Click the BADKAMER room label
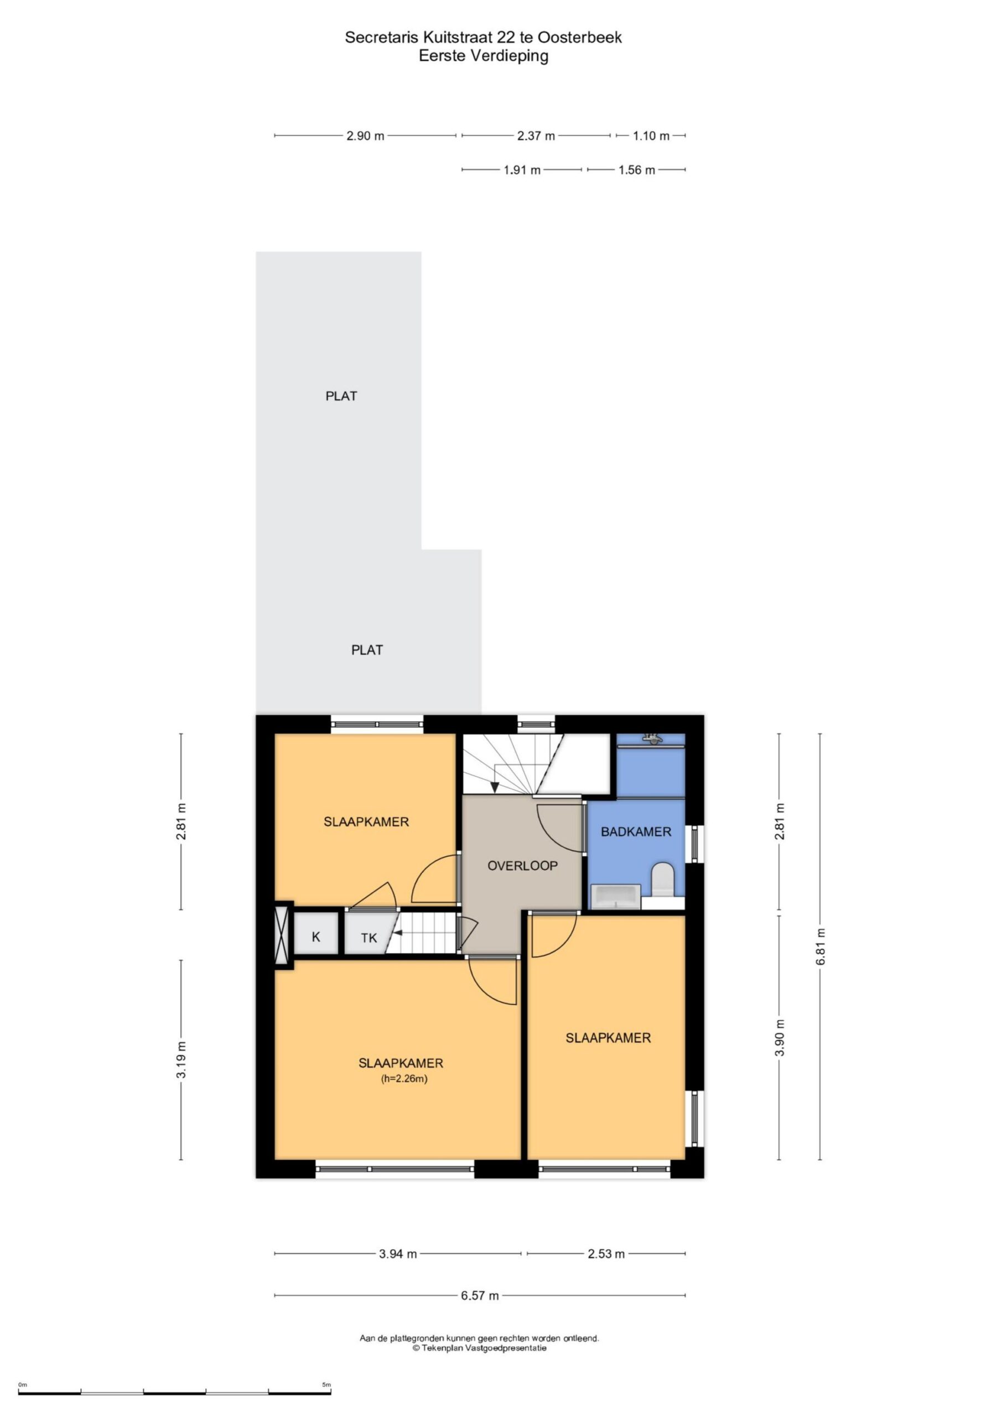coord(636,831)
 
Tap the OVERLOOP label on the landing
coord(522,865)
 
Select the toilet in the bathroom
coord(663,879)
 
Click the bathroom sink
coord(616,897)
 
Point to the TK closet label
coord(369,938)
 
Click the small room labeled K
coord(316,937)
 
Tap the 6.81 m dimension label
coord(820,947)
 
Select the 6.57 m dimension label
coord(480,1295)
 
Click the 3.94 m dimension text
coord(397,1254)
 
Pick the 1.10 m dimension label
coord(651,136)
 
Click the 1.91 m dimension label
coord(522,170)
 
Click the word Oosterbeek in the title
coord(579,38)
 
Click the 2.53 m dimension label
coord(606,1254)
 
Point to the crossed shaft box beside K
coord(283,934)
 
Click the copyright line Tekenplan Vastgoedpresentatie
coord(480,1348)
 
